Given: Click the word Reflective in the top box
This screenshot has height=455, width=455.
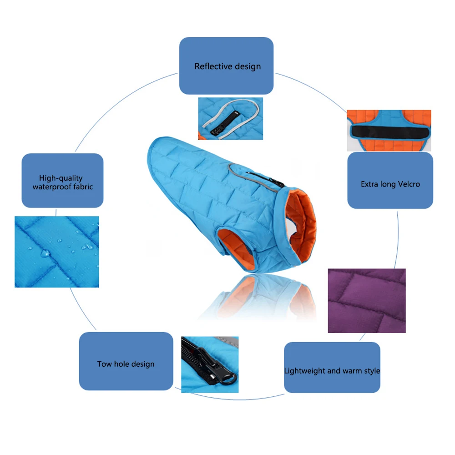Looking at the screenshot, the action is click(x=212, y=66).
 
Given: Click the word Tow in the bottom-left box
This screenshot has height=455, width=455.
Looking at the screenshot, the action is click(x=104, y=364).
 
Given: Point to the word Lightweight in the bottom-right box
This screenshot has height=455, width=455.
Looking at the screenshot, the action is click(x=305, y=371).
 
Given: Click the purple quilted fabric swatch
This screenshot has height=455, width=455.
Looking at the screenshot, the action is click(x=366, y=300).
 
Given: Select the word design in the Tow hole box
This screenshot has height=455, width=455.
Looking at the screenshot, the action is click(x=142, y=364).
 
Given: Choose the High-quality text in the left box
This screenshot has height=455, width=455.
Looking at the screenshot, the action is click(x=61, y=178).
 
